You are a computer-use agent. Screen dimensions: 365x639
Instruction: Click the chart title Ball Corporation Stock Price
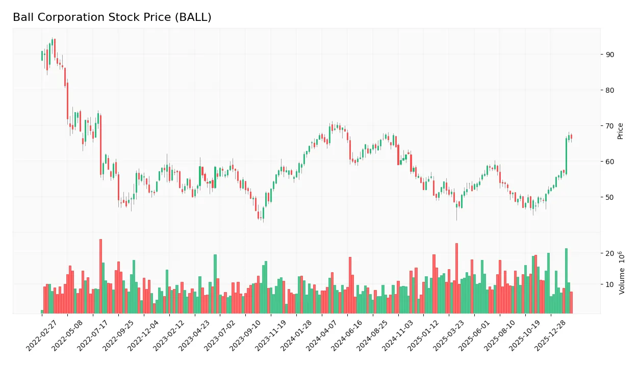[112, 17]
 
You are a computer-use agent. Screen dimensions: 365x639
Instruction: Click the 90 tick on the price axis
[609, 55]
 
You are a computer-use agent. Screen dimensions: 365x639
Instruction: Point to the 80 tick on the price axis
[609, 90]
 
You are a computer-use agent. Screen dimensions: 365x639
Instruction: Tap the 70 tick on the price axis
[609, 126]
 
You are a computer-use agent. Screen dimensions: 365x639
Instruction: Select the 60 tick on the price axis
[609, 162]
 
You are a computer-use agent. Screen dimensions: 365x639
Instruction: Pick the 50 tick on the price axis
[609, 197]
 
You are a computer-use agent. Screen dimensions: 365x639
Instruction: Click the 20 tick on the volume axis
[609, 253]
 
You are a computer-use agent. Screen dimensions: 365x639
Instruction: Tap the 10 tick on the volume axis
[609, 284]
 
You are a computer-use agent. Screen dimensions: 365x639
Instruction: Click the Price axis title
[621, 131]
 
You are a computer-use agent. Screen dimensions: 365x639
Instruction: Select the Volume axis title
[621, 273]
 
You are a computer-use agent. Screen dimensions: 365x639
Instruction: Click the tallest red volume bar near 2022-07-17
[100, 276]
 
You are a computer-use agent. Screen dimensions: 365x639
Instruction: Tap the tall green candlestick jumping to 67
[566, 156]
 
